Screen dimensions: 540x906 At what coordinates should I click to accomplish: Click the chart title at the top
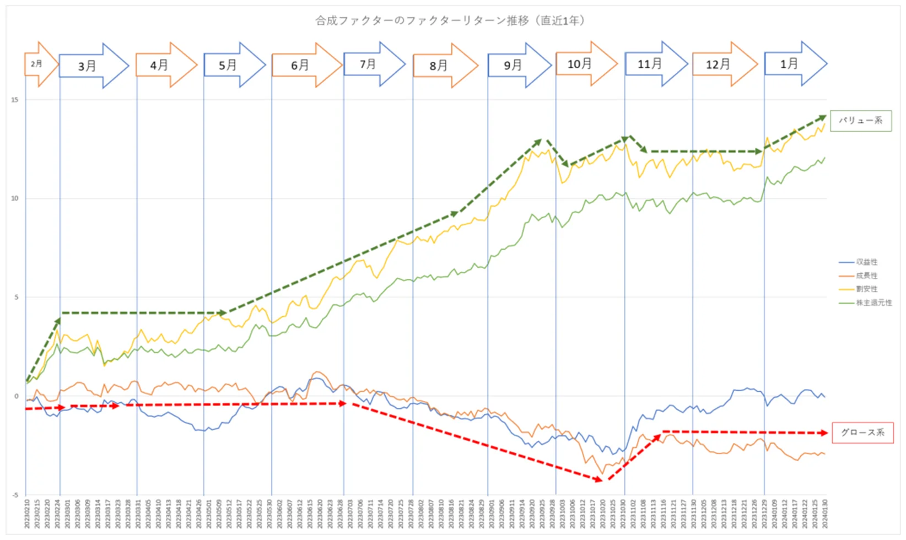pos(450,21)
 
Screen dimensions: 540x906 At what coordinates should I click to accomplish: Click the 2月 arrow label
pos(37,64)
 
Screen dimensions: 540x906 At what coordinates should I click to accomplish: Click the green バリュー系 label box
pos(860,121)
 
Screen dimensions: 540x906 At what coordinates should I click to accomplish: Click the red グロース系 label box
pos(862,433)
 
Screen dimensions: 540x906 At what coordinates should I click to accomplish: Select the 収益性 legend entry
pos(866,262)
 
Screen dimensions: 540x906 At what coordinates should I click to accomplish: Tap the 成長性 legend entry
pos(866,276)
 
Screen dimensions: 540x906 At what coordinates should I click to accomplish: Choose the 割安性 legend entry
pos(866,289)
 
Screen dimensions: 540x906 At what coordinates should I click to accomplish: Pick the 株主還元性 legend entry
pos(873,303)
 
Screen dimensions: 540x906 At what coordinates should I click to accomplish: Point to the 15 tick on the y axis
pos(15,100)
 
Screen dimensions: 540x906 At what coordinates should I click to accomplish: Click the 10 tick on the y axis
pos(15,198)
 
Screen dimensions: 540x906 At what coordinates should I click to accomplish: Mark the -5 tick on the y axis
pos(15,495)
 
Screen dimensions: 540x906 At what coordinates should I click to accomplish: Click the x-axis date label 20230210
pos(27,514)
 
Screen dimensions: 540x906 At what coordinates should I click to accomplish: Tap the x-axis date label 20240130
pos(824,514)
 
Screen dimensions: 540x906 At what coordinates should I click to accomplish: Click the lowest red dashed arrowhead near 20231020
pos(599,480)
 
